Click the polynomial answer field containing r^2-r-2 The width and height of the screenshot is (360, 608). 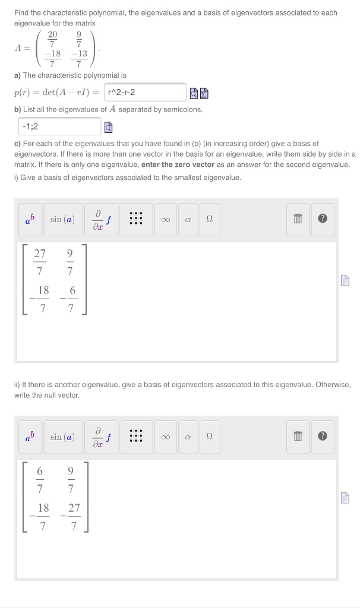[x=145, y=93]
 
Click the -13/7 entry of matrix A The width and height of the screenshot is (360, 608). [x=79, y=58]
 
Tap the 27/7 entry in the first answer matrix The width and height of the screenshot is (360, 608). [x=40, y=262]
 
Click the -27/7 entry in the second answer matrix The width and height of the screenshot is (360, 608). [x=71, y=517]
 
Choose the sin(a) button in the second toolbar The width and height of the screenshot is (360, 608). [x=62, y=438]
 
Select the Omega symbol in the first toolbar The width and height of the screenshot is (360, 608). [x=209, y=220]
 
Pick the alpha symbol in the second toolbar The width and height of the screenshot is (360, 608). [x=187, y=438]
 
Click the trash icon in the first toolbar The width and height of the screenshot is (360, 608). [x=299, y=220]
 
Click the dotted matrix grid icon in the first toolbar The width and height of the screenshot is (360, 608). [x=136, y=220]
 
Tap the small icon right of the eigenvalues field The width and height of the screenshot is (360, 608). [x=108, y=126]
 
